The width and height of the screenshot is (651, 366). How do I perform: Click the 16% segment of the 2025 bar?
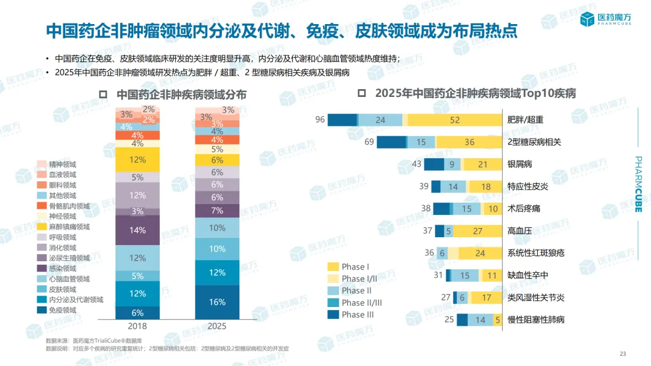218,302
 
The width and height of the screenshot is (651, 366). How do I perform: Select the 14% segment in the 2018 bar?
137,230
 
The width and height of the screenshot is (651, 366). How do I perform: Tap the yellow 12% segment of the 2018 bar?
137,160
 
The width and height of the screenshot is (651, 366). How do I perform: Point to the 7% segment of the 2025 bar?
218,211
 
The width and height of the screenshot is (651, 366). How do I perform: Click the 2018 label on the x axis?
137,326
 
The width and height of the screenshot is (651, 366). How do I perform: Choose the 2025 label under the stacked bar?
218,326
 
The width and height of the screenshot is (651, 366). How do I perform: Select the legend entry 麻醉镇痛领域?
70,227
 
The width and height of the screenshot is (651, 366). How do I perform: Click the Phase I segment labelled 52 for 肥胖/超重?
454,120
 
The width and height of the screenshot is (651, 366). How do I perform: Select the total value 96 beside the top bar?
319,120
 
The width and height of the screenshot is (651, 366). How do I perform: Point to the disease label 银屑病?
520,164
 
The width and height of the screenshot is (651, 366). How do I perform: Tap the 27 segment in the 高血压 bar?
477,231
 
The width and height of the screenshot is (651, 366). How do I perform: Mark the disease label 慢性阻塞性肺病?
536,320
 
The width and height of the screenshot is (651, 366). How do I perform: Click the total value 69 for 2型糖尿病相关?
370,142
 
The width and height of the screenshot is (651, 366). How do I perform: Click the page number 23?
623,353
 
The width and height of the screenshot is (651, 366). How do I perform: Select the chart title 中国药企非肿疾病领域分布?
181,95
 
